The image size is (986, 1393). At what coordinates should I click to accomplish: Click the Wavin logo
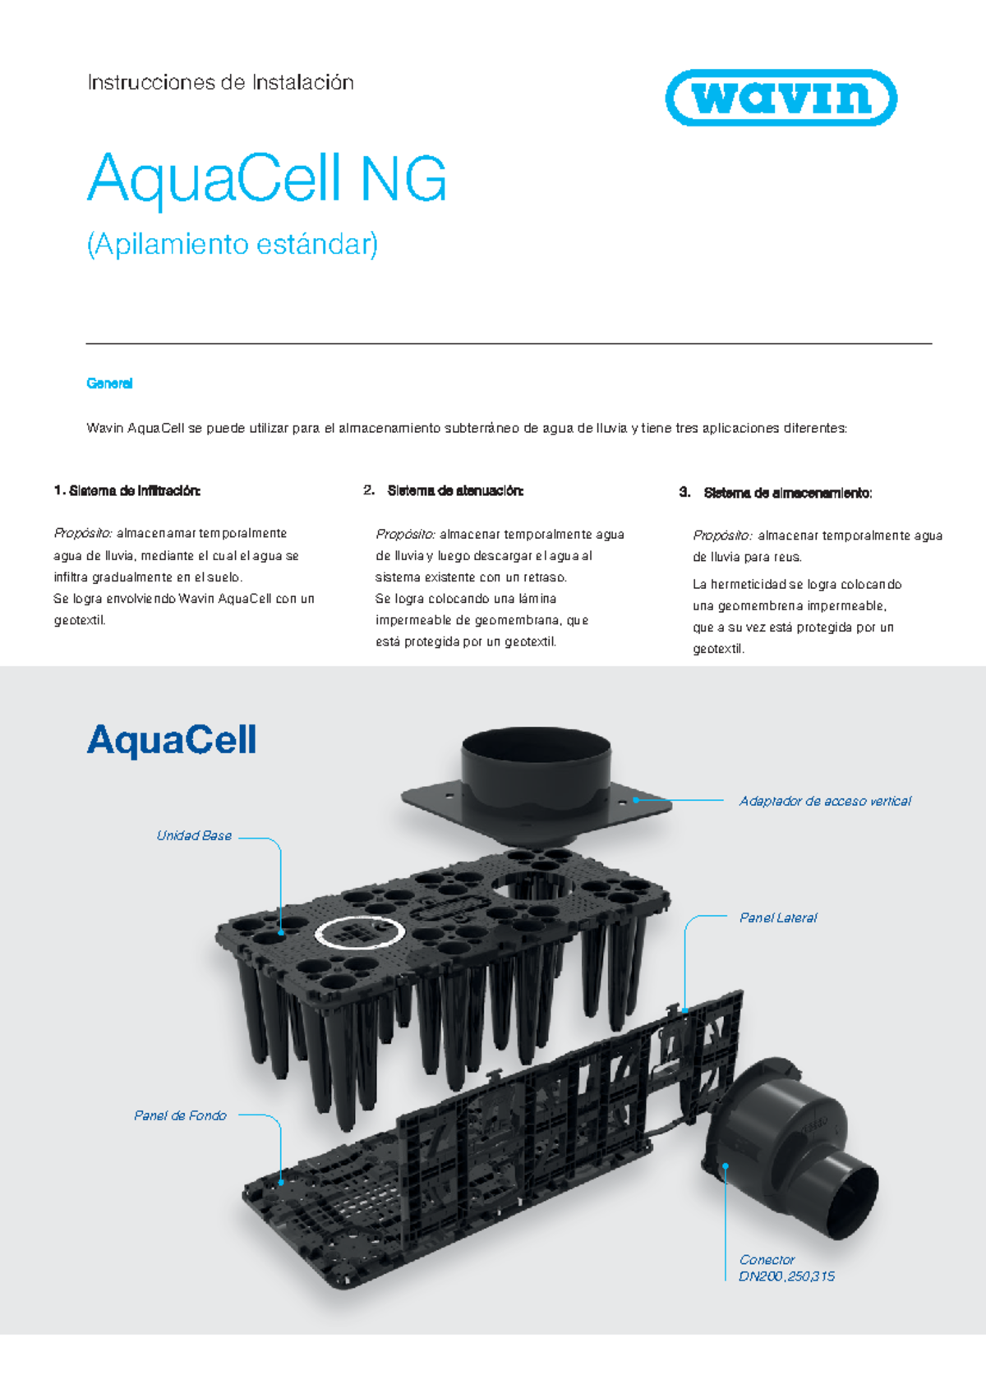[781, 98]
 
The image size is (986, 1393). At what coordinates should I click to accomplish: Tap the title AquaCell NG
[267, 178]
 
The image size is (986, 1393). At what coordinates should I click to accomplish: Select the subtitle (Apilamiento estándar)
[233, 245]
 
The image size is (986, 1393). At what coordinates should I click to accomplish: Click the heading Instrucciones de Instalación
[220, 82]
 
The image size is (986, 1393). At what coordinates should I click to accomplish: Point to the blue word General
[109, 384]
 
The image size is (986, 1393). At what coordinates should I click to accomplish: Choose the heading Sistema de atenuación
[454, 491]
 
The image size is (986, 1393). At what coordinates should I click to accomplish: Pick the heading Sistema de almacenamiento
[787, 493]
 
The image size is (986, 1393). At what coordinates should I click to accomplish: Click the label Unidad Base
[194, 836]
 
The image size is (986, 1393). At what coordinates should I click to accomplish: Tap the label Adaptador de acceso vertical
[825, 801]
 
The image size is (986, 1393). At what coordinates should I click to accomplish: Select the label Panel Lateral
[778, 918]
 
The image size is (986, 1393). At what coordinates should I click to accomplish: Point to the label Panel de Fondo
[180, 1115]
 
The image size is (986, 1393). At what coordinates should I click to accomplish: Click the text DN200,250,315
[786, 1276]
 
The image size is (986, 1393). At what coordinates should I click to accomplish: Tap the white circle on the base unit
[360, 932]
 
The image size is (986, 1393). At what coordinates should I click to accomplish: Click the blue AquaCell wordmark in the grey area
[172, 740]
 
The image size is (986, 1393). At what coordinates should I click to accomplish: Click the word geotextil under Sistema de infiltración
[79, 621]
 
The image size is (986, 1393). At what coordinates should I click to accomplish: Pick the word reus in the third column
[787, 558]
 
